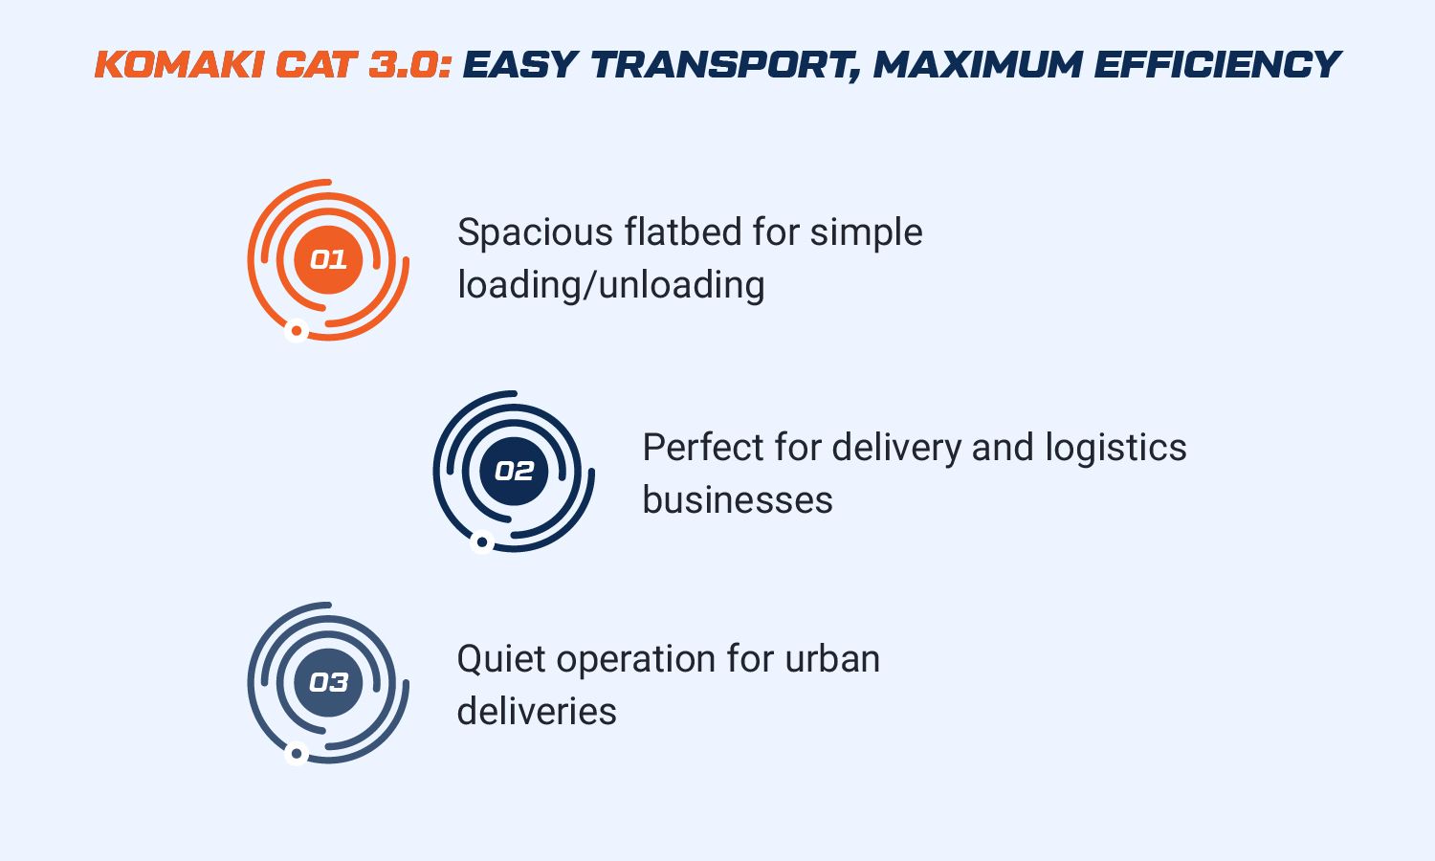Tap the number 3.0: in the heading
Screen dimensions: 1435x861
[410, 65]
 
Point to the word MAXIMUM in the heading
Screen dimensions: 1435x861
[979, 65]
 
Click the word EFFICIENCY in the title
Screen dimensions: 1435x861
[1218, 65]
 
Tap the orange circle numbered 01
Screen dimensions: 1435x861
[329, 259]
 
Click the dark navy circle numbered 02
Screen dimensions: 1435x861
[514, 472]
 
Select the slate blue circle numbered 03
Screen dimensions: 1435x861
[329, 682]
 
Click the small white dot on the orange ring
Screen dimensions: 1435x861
[296, 331]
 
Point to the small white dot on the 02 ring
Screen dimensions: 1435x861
[482, 542]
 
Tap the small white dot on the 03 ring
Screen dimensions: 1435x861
[296, 754]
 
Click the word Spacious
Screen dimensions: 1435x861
[536, 232]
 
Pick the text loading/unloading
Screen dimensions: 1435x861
[611, 285]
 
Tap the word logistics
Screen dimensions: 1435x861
[1116, 448]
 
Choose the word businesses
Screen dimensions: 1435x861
[738, 499]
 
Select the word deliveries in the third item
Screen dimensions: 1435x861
[537, 711]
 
